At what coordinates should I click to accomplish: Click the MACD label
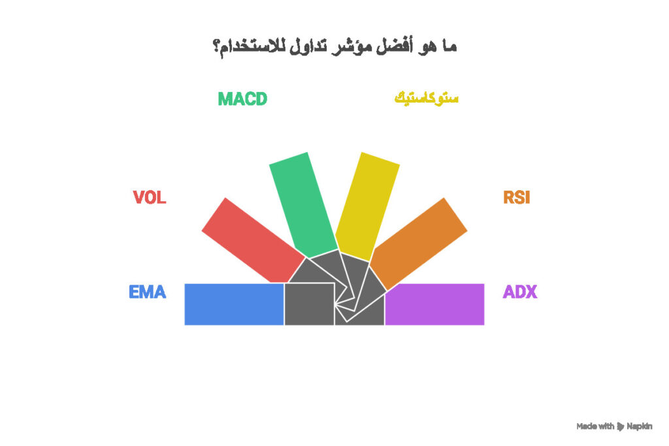point(242,99)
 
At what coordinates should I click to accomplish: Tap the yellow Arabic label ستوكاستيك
point(426,99)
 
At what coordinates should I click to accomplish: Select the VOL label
point(150,197)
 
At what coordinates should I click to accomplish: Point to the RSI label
point(517,197)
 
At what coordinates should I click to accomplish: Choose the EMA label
point(147,292)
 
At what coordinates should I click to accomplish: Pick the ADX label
point(520,292)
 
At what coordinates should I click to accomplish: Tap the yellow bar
point(367,206)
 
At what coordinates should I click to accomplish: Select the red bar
point(253,240)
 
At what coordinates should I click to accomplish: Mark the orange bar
point(419,244)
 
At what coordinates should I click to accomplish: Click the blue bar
point(235,304)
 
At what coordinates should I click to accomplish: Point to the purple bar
point(434,304)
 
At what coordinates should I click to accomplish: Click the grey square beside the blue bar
point(309,304)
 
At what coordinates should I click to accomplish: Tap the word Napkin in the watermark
point(639,426)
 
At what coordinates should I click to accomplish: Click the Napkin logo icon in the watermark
point(621,426)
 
